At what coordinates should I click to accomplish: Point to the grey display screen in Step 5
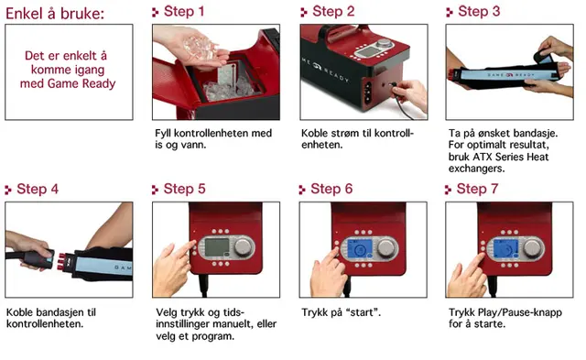pyautogui.click(x=216, y=248)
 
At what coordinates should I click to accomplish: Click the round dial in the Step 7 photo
pyautogui.click(x=531, y=248)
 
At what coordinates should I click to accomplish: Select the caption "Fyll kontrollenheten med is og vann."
pyautogui.click(x=212, y=138)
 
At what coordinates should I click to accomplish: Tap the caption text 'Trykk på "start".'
pyautogui.click(x=341, y=312)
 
